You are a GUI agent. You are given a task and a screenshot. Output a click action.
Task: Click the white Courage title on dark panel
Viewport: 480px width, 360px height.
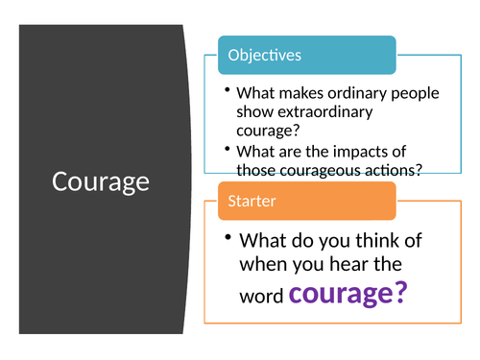101,180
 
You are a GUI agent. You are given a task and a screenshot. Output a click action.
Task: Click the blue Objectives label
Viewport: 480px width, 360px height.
264,55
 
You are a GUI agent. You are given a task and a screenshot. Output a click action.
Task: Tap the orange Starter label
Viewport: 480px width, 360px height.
252,201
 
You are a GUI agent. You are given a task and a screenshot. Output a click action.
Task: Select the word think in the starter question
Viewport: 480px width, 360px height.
364,241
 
